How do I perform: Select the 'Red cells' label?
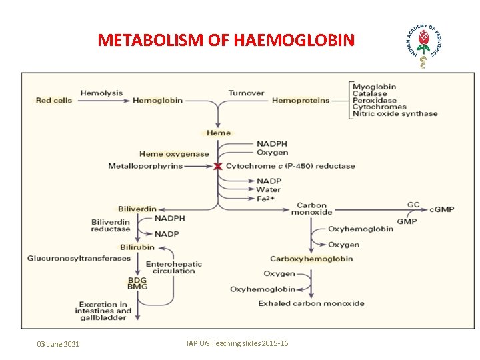pyautogui.click(x=54, y=101)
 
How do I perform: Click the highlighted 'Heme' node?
pyautogui.click(x=219, y=133)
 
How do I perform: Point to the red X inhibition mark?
pyautogui.click(x=217, y=166)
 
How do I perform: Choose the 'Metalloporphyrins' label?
pyautogui.click(x=145, y=166)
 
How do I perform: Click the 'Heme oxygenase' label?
pyautogui.click(x=174, y=154)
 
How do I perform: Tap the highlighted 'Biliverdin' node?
pyautogui.click(x=137, y=209)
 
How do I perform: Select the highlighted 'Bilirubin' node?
pyautogui.click(x=137, y=247)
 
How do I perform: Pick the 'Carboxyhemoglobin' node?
pyautogui.click(x=311, y=259)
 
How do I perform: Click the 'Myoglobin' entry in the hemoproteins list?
pyautogui.click(x=374, y=87)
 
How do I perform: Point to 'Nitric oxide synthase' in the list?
pyautogui.click(x=395, y=113)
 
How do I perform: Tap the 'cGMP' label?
pyautogui.click(x=441, y=209)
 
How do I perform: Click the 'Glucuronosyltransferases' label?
pyautogui.click(x=79, y=259)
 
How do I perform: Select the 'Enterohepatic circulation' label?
pyautogui.click(x=173, y=267)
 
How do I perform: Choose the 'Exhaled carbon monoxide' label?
pyautogui.click(x=311, y=303)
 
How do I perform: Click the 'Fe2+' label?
pyautogui.click(x=266, y=198)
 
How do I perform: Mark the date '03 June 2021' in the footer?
pyautogui.click(x=58, y=344)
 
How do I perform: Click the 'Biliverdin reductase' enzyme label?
pyautogui.click(x=111, y=225)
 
